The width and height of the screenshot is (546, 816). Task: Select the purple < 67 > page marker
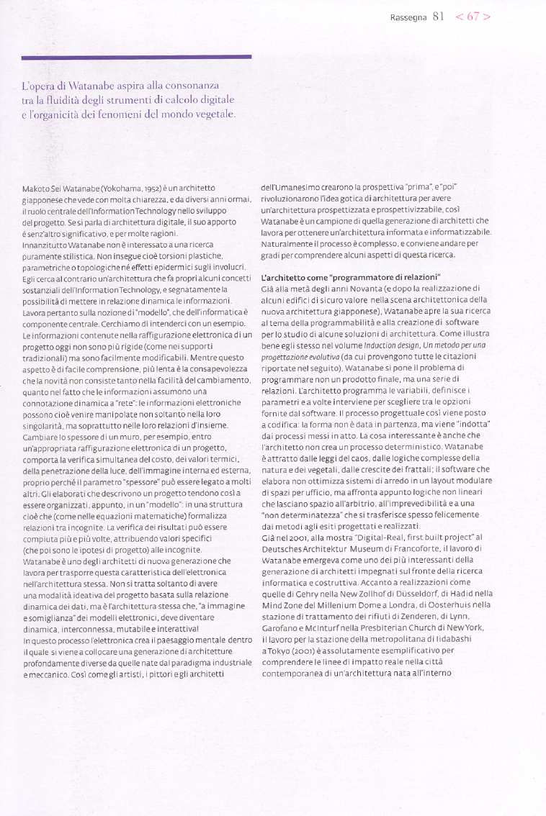click(x=473, y=17)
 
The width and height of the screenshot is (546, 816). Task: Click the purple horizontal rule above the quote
click(x=136, y=57)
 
